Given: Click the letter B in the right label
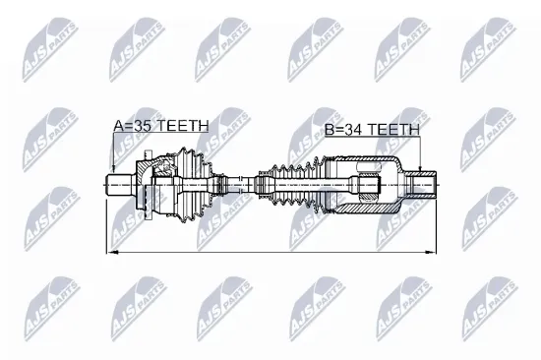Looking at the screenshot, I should click(x=328, y=128).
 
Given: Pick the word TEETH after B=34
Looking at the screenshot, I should click(x=394, y=128).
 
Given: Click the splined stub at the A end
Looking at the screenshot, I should click(x=119, y=184).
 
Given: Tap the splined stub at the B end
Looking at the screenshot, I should click(x=420, y=184).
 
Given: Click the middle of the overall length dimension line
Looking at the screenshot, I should click(x=270, y=252).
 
